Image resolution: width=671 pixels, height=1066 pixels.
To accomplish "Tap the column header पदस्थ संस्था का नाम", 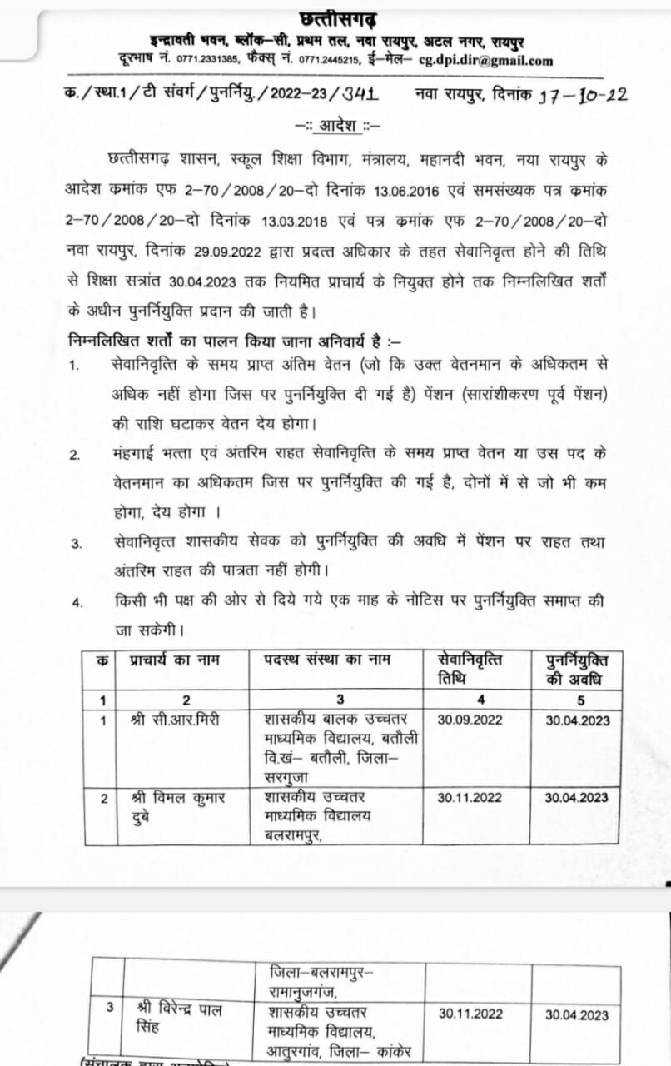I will [x=328, y=660].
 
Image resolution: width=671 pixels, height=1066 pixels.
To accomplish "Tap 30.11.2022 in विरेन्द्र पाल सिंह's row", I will [x=471, y=1014].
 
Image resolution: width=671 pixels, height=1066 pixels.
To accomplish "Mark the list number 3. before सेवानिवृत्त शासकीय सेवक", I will [x=76, y=545].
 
